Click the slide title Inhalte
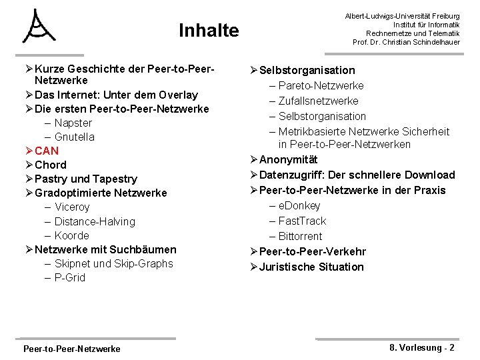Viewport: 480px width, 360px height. point(208,31)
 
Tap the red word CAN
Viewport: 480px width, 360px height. point(47,151)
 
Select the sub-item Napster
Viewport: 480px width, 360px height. point(73,123)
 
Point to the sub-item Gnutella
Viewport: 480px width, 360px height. point(75,137)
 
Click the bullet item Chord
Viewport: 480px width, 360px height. point(51,165)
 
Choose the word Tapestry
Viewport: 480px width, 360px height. point(115,179)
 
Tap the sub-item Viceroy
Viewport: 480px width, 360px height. point(72,207)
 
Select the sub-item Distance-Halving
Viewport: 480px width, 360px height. point(95,221)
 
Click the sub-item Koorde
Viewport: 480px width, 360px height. point(72,235)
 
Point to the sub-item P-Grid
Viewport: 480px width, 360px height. point(70,277)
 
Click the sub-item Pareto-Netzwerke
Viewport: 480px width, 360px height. point(321,85)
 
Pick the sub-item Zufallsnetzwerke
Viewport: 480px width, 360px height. point(318,101)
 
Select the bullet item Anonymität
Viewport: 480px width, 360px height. point(288,159)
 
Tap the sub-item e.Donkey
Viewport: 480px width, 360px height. point(299,205)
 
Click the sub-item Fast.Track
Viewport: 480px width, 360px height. point(302,221)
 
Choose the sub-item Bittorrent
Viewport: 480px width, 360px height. point(300,236)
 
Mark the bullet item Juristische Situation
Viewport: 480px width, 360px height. point(311,267)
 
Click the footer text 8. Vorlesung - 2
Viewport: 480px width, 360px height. point(421,347)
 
